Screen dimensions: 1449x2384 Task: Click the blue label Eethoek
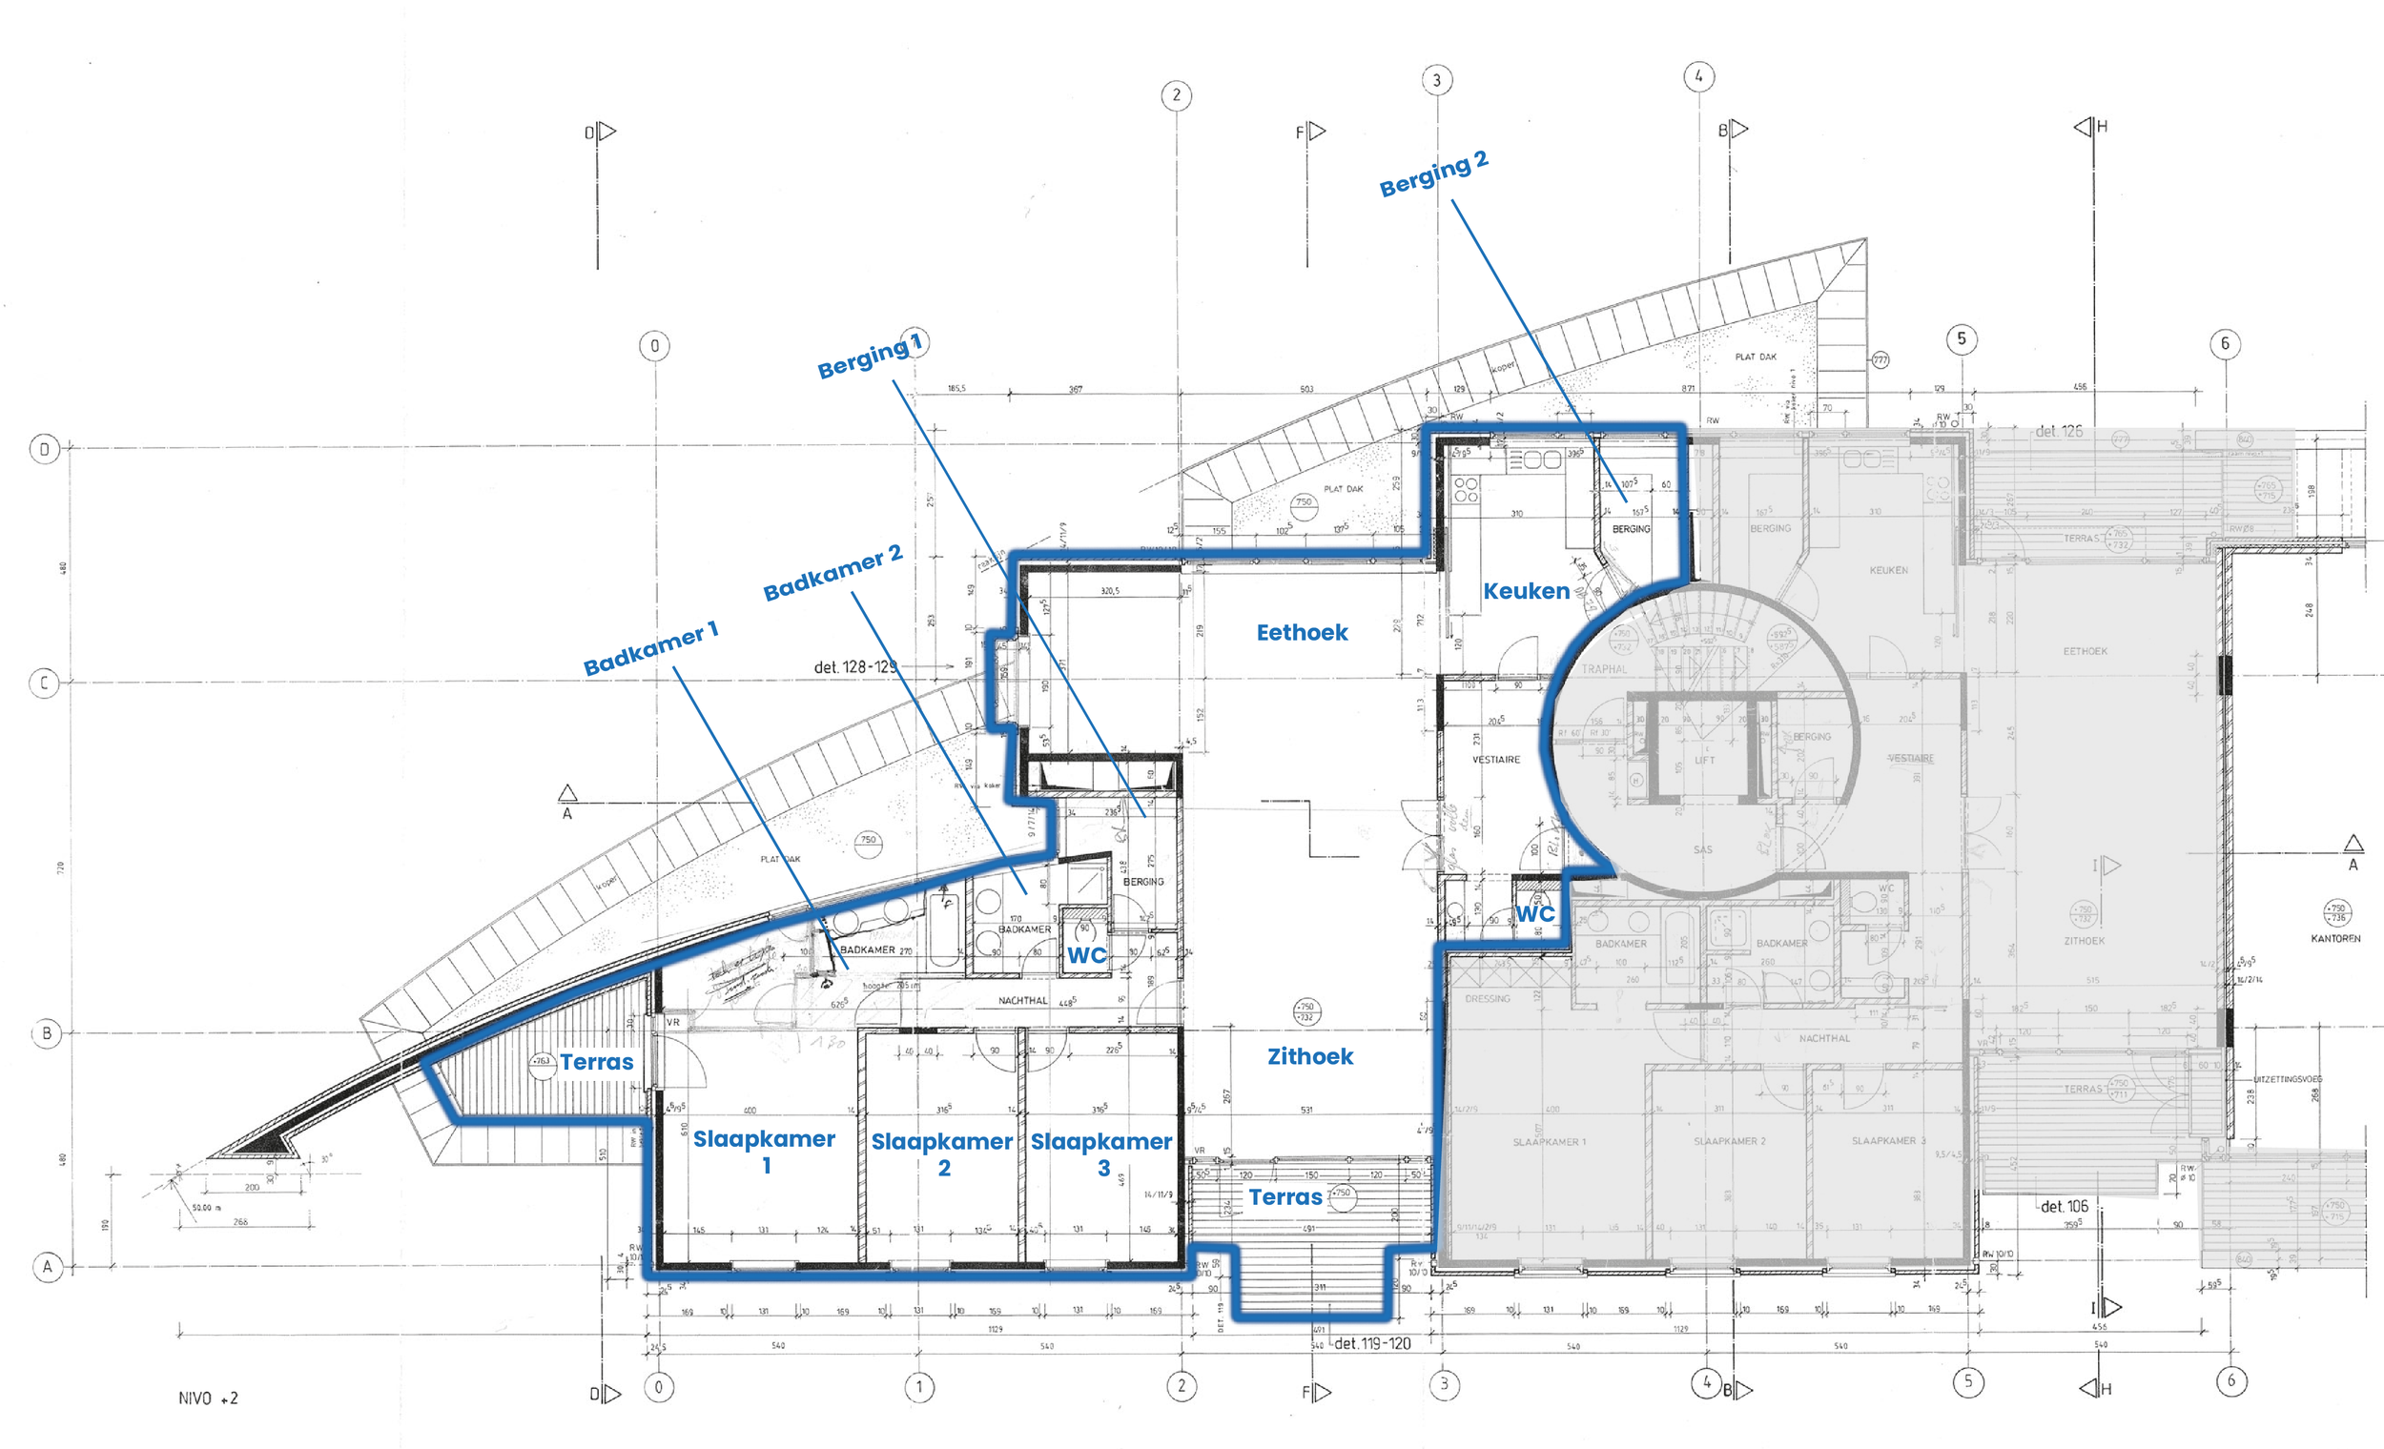[1302, 633]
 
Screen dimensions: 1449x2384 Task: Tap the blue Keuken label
[1526, 591]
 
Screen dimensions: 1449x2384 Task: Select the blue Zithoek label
[1310, 1056]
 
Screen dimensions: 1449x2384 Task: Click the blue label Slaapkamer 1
[765, 1150]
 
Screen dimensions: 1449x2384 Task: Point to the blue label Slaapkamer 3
[1101, 1153]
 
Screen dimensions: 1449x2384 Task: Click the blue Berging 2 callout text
[1433, 174]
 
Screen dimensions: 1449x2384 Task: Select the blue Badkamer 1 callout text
[650, 649]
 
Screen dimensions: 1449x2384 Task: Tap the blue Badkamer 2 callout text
[832, 573]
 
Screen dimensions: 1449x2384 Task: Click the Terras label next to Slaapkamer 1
[596, 1062]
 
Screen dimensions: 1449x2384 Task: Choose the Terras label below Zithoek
[1284, 1197]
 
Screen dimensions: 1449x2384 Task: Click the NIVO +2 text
[208, 1398]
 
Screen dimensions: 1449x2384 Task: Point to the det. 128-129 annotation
[855, 666]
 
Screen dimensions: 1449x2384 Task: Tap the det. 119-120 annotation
[1372, 1343]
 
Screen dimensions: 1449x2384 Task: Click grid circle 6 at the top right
[2225, 343]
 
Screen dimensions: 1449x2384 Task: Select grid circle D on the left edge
[45, 449]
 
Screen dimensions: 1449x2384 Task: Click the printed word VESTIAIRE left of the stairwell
[1496, 761]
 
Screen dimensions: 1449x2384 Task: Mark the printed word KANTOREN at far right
[2335, 938]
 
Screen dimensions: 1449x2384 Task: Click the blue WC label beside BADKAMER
[1085, 956]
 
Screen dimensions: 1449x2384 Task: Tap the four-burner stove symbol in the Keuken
[1466, 489]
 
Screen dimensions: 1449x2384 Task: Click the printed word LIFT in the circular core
[1704, 761]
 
